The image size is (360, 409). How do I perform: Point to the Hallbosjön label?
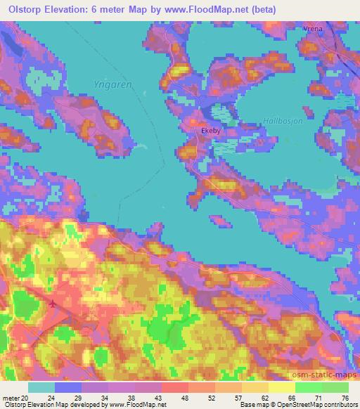282,121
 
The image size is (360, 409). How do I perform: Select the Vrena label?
312,29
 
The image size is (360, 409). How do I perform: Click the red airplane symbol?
54,304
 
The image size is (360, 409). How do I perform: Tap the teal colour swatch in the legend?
41,387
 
